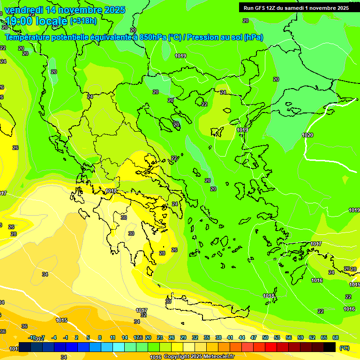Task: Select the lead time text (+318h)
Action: tap(83, 21)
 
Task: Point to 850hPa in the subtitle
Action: tap(153, 37)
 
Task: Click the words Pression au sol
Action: tap(214, 37)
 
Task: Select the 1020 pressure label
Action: tap(307, 135)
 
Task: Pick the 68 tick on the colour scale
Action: tap(336, 337)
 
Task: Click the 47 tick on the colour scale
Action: tap(254, 337)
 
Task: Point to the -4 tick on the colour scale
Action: tap(54, 337)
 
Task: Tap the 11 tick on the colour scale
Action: tap(112, 337)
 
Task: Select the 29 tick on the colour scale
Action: tap(183, 337)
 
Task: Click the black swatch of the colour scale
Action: tap(330, 347)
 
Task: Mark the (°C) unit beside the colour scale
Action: tap(345, 348)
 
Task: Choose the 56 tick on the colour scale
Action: tap(289, 337)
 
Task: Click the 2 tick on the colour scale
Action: tap(77, 337)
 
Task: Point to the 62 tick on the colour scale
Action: tap(312, 337)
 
